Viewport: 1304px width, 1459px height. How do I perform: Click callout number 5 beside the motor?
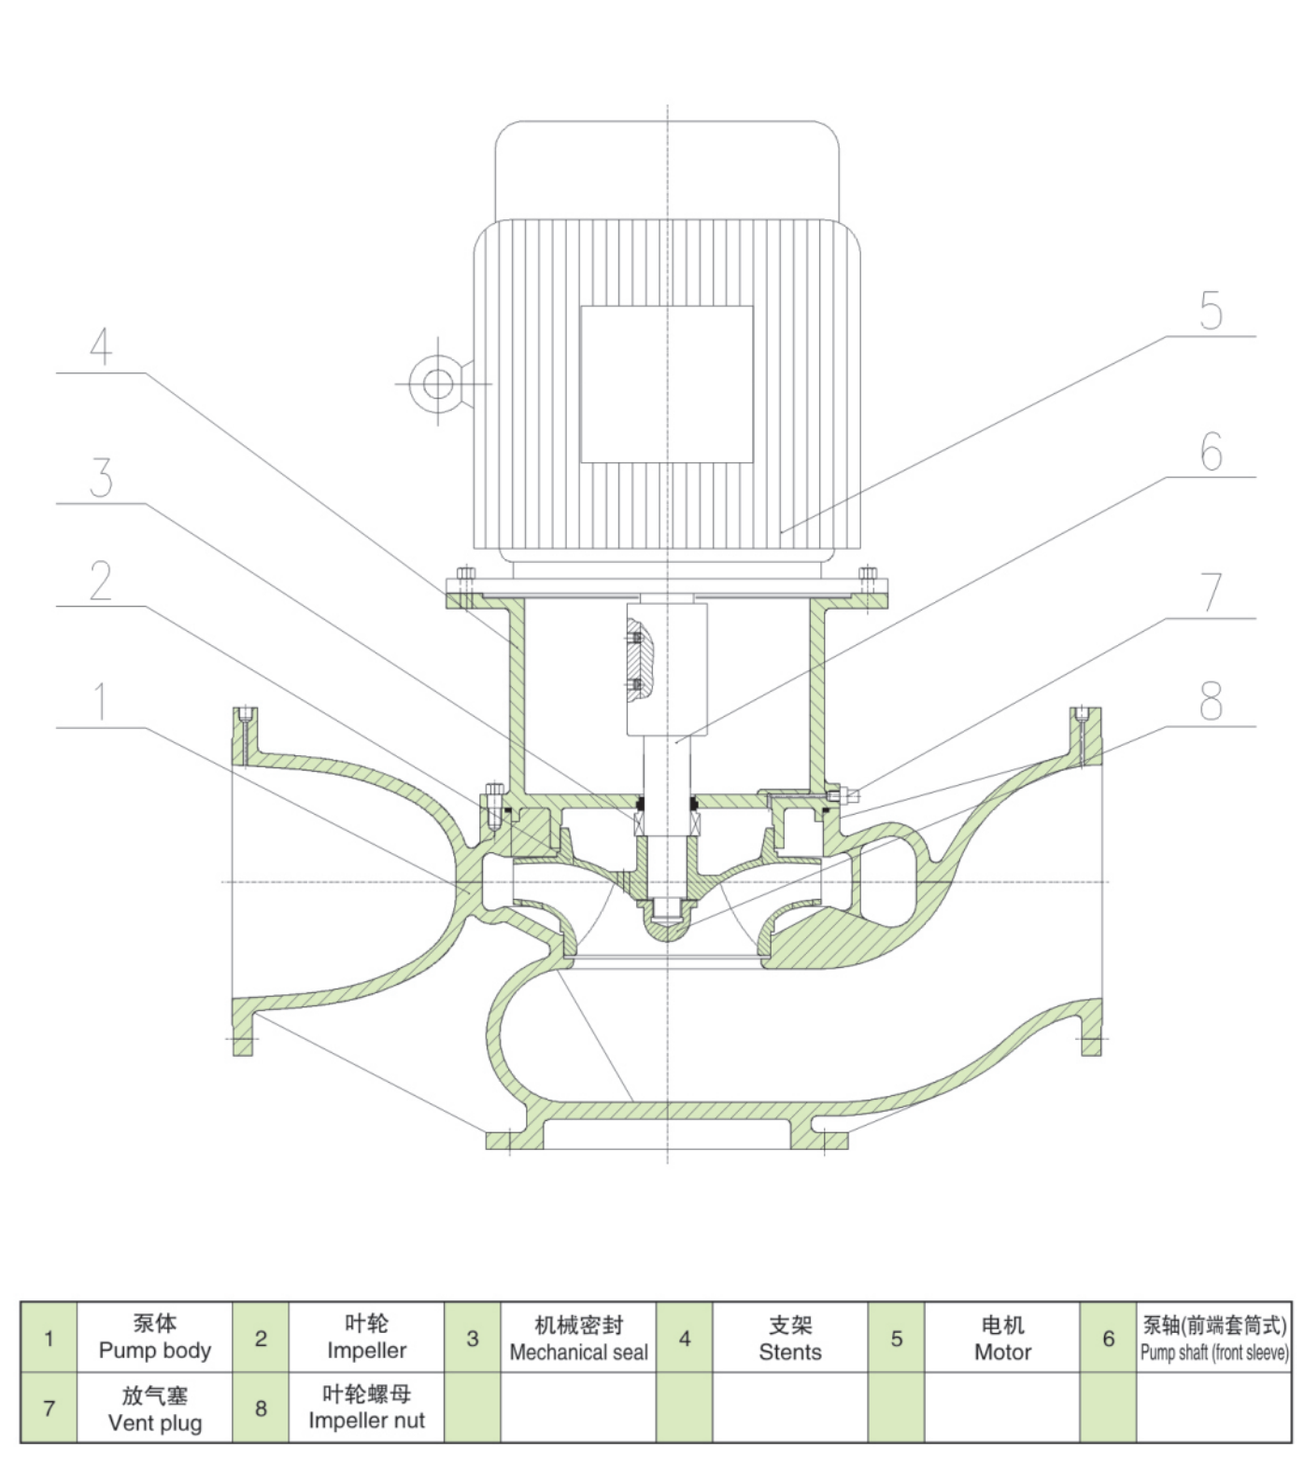1211,311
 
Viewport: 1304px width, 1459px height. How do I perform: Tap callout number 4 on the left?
101,345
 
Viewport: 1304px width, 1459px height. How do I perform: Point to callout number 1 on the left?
101,702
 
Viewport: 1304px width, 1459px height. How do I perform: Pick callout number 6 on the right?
1211,452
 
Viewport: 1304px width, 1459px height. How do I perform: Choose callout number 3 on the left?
101,478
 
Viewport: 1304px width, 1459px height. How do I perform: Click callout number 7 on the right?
1211,592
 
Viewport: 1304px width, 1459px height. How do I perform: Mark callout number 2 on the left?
101,581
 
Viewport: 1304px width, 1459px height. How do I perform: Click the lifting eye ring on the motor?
438,383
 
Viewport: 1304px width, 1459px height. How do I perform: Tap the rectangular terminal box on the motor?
666,384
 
